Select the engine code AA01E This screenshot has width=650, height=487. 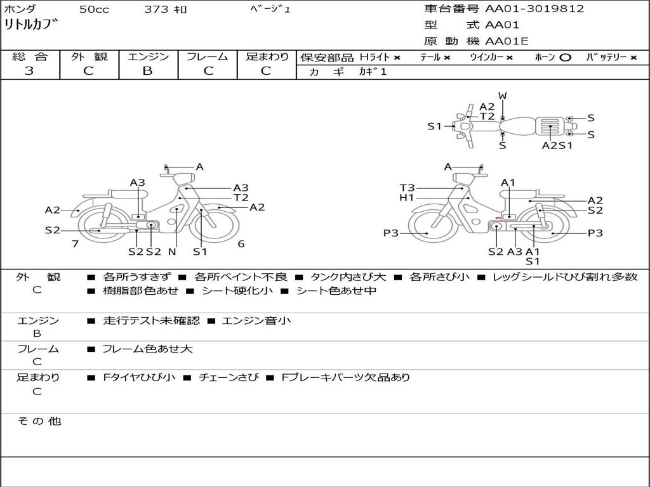507,42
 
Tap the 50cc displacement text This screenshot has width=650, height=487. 93,10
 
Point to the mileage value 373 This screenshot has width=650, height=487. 156,10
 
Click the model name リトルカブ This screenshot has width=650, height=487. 30,26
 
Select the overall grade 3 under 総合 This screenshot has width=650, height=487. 29,71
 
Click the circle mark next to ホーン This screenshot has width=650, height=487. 565,58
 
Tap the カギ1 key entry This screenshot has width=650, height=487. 373,72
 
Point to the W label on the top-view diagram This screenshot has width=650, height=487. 503,96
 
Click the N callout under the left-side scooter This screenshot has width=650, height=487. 172,252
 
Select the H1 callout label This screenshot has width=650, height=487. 407,198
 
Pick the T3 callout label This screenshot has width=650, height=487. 407,188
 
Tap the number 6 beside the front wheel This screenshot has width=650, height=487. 241,243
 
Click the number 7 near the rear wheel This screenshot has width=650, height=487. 75,243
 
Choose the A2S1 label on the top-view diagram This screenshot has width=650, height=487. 557,145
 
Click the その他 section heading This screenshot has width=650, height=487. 39,421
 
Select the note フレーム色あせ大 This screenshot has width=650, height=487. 147,349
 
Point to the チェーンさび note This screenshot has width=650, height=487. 229,377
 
